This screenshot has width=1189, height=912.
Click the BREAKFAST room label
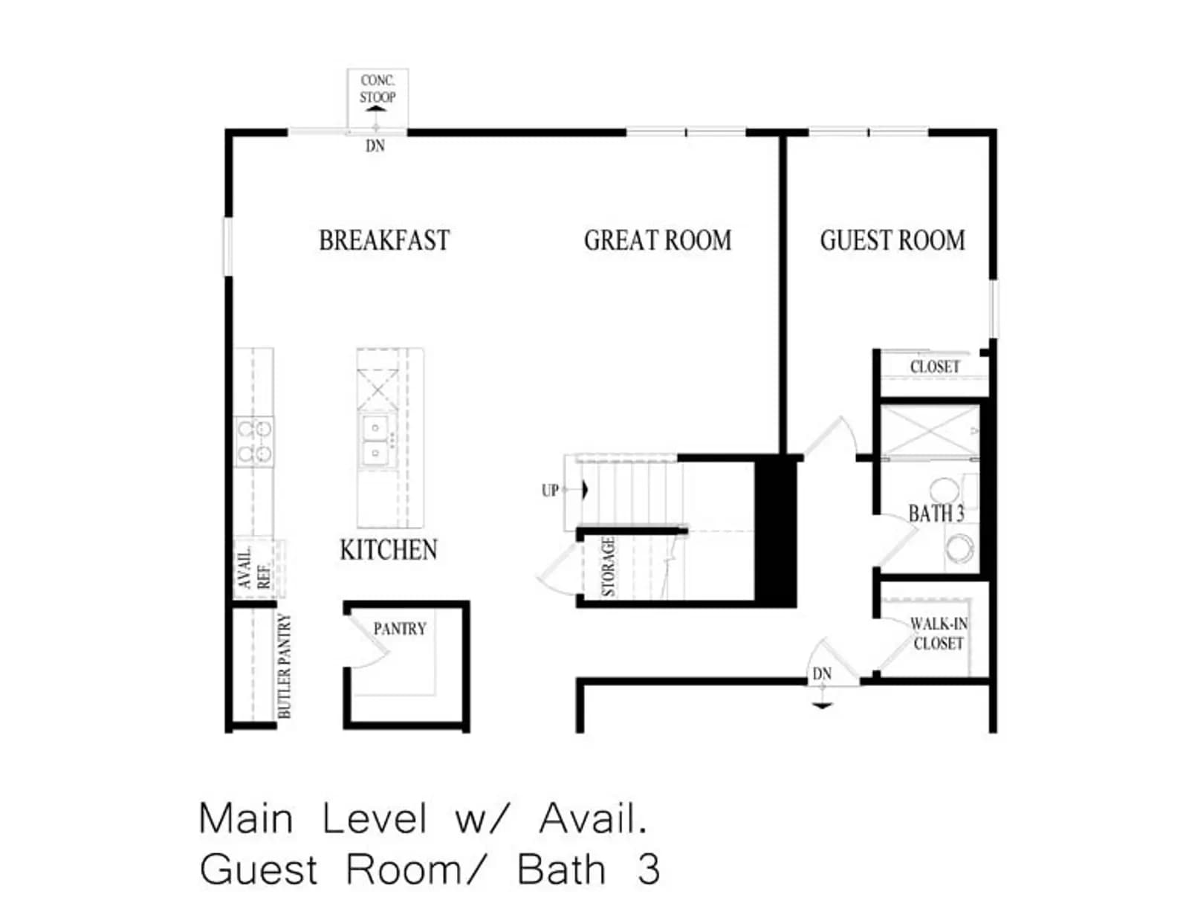click(384, 241)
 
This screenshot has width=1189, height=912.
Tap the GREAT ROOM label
click(658, 241)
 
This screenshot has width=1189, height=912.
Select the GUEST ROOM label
click(892, 241)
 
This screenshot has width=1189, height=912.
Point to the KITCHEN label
click(389, 550)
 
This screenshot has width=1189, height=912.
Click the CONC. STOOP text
click(378, 88)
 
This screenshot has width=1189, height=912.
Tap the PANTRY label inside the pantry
click(400, 629)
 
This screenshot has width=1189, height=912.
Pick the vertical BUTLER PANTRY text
click(285, 665)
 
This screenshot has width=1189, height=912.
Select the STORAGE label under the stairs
click(609, 567)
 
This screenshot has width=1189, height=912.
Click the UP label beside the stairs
click(550, 491)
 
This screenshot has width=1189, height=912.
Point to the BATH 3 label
click(936, 513)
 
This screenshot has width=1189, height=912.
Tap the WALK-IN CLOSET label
click(939, 633)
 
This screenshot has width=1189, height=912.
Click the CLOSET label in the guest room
click(935, 366)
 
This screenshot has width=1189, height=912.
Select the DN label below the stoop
click(375, 146)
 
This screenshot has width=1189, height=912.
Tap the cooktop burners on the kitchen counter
click(254, 442)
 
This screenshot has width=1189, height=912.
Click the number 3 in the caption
click(649, 870)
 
